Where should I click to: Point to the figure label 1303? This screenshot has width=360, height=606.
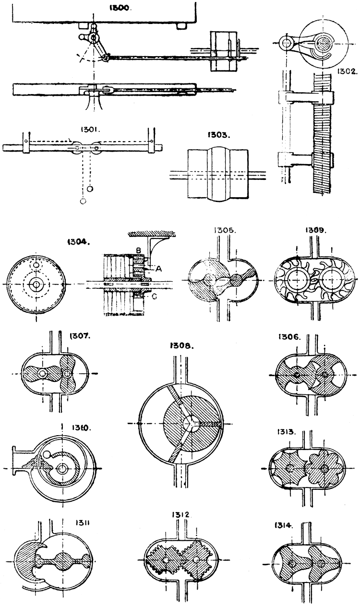coord(218,135)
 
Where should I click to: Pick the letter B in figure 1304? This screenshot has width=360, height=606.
coord(138,250)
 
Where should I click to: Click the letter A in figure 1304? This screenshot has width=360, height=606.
coord(159,269)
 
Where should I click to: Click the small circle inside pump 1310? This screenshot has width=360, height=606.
coord(47,454)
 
